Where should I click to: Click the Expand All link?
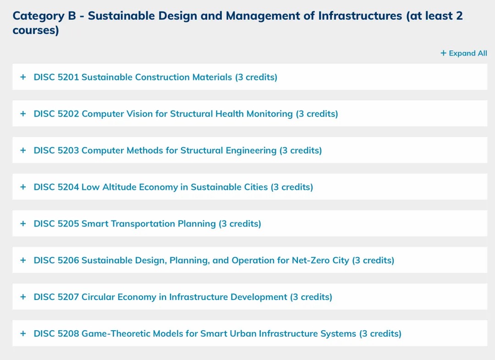(x=464, y=53)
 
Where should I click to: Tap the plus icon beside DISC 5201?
(x=23, y=77)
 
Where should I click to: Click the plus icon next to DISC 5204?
(x=23, y=187)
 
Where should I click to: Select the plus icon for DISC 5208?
(x=23, y=333)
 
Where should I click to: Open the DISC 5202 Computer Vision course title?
(x=186, y=114)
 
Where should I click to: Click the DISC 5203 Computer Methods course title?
(x=178, y=150)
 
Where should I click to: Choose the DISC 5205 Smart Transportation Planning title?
(x=148, y=224)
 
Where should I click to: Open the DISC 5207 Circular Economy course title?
(x=183, y=297)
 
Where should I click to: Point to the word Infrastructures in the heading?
(x=360, y=16)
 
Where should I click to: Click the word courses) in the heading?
(x=36, y=31)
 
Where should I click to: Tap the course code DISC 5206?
(x=56, y=260)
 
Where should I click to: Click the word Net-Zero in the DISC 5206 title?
(x=311, y=260)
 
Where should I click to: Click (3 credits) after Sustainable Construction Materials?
(x=256, y=77)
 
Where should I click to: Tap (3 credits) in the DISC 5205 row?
(x=240, y=224)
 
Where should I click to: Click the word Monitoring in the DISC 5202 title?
(x=269, y=114)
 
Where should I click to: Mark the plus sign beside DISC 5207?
(x=23, y=297)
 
